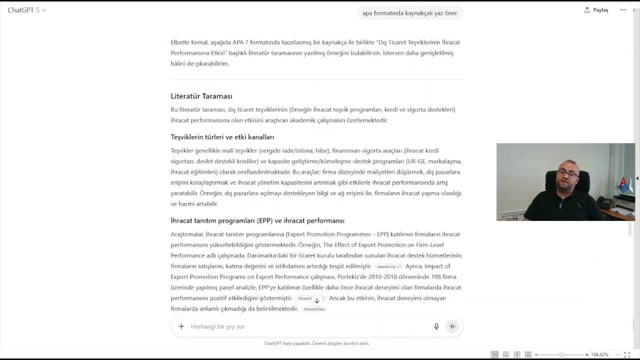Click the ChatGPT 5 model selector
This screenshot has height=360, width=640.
click(x=27, y=10)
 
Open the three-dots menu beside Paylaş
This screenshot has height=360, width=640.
click(x=622, y=10)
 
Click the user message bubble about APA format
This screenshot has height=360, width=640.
click(x=409, y=13)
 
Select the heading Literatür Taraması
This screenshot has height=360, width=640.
click(x=201, y=96)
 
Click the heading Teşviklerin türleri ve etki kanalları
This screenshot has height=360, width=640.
click(x=222, y=137)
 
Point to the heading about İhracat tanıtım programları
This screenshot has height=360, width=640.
click(x=257, y=220)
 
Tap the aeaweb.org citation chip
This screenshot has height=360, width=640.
click(x=388, y=266)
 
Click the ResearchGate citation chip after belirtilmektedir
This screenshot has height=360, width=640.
click(x=314, y=309)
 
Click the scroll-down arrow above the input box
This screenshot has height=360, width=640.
click(x=317, y=300)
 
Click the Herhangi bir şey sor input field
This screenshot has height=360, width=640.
click(x=300, y=326)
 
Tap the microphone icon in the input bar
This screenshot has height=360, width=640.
click(x=436, y=326)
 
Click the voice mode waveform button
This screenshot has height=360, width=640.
click(x=452, y=326)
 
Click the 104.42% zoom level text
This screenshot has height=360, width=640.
click(x=599, y=354)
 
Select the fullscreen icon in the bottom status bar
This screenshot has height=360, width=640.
click(x=627, y=354)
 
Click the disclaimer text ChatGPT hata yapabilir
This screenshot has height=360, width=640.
click(x=316, y=343)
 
